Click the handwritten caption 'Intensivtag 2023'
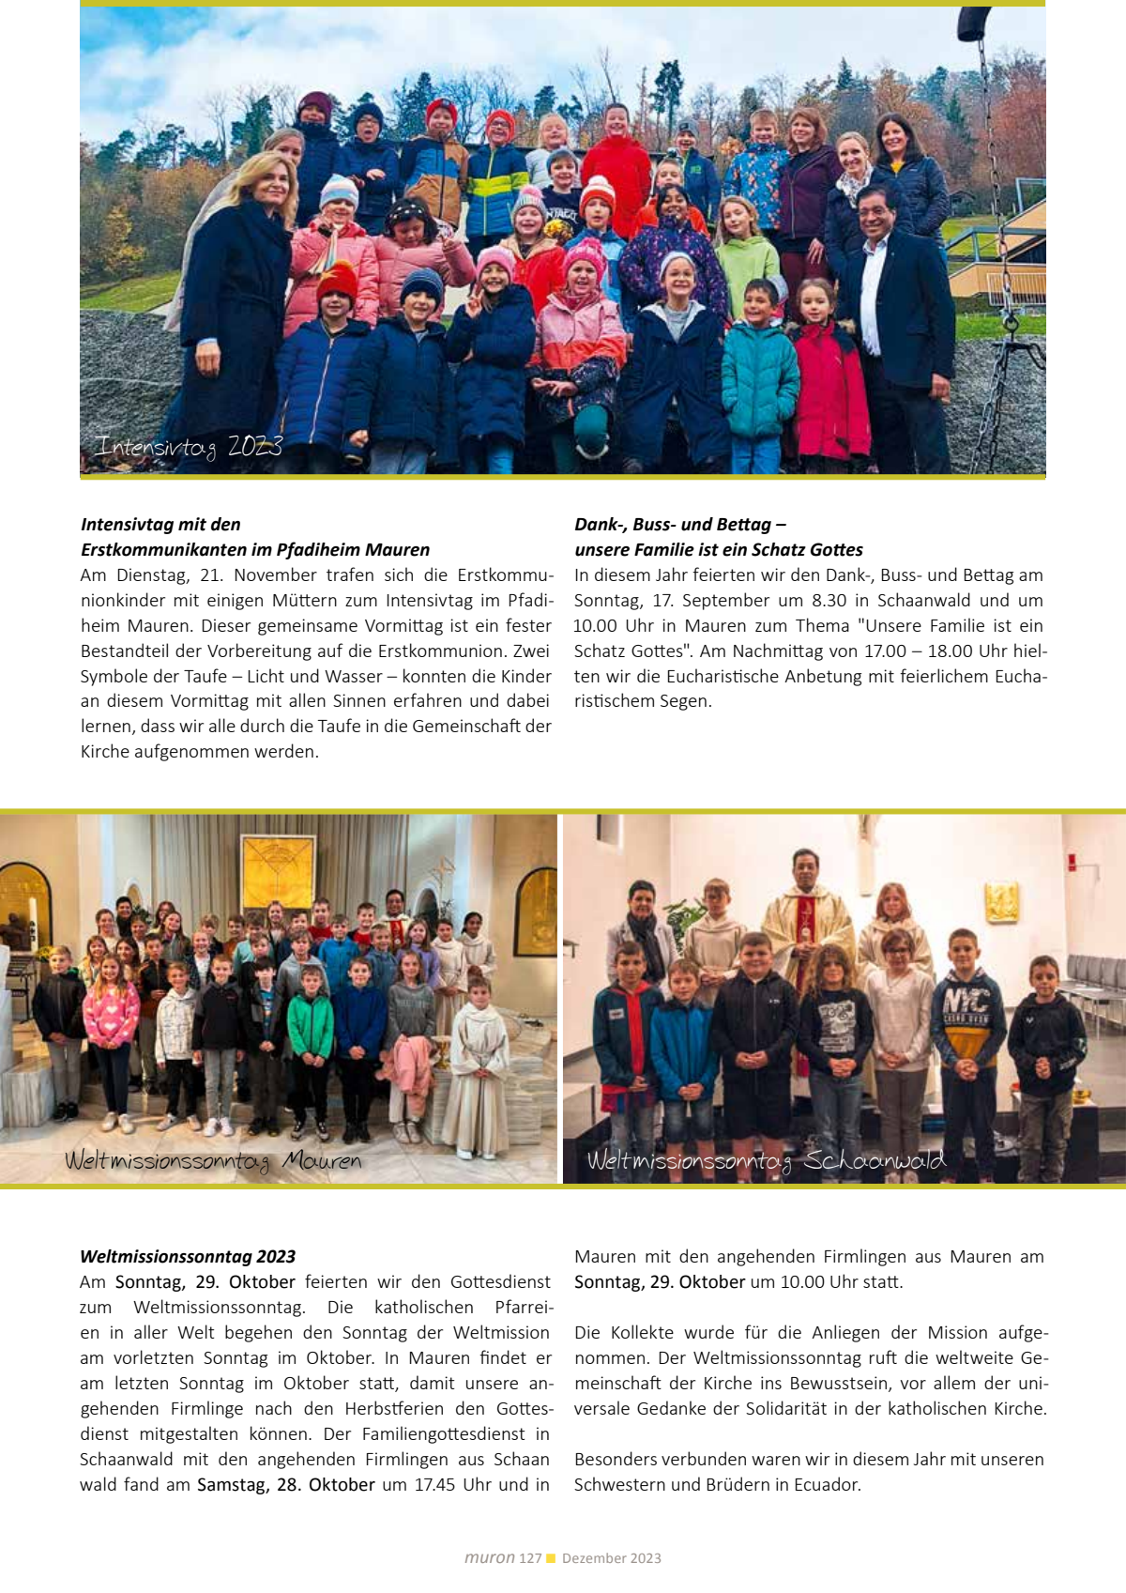[188, 447]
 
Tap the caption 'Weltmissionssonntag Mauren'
[213, 1161]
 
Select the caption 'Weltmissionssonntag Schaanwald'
[766, 1161]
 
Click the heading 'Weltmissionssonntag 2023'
[188, 1256]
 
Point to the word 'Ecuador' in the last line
[828, 1484]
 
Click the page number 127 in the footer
[530, 1558]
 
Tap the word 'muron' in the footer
[489, 1558]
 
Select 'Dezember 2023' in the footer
[612, 1558]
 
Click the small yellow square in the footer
[552, 1558]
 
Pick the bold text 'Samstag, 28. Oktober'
[285, 1484]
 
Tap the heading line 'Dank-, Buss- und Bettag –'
[680, 524]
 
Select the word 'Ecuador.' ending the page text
[828, 1484]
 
